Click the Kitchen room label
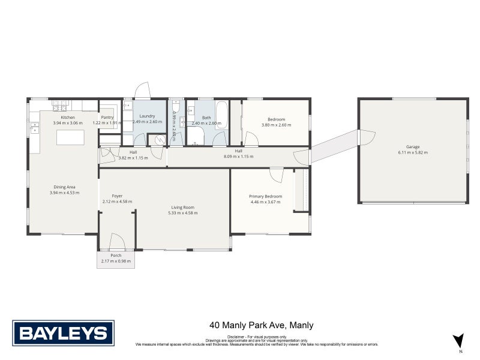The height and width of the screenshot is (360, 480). point(64,117)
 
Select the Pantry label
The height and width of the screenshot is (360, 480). point(107,117)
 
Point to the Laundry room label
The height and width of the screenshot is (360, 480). point(147,116)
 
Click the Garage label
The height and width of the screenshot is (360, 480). point(412,147)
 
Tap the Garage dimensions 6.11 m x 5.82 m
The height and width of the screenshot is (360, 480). point(412,152)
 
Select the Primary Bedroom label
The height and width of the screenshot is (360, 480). point(265,196)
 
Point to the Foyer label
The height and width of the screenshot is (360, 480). point(117,196)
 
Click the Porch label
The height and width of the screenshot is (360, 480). point(116,256)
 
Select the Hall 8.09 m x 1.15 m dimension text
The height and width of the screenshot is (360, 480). point(238,157)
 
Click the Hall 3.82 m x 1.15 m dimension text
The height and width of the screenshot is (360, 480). point(133,157)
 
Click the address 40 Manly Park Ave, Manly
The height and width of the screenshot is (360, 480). point(262,326)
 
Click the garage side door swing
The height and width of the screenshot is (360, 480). point(366,138)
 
